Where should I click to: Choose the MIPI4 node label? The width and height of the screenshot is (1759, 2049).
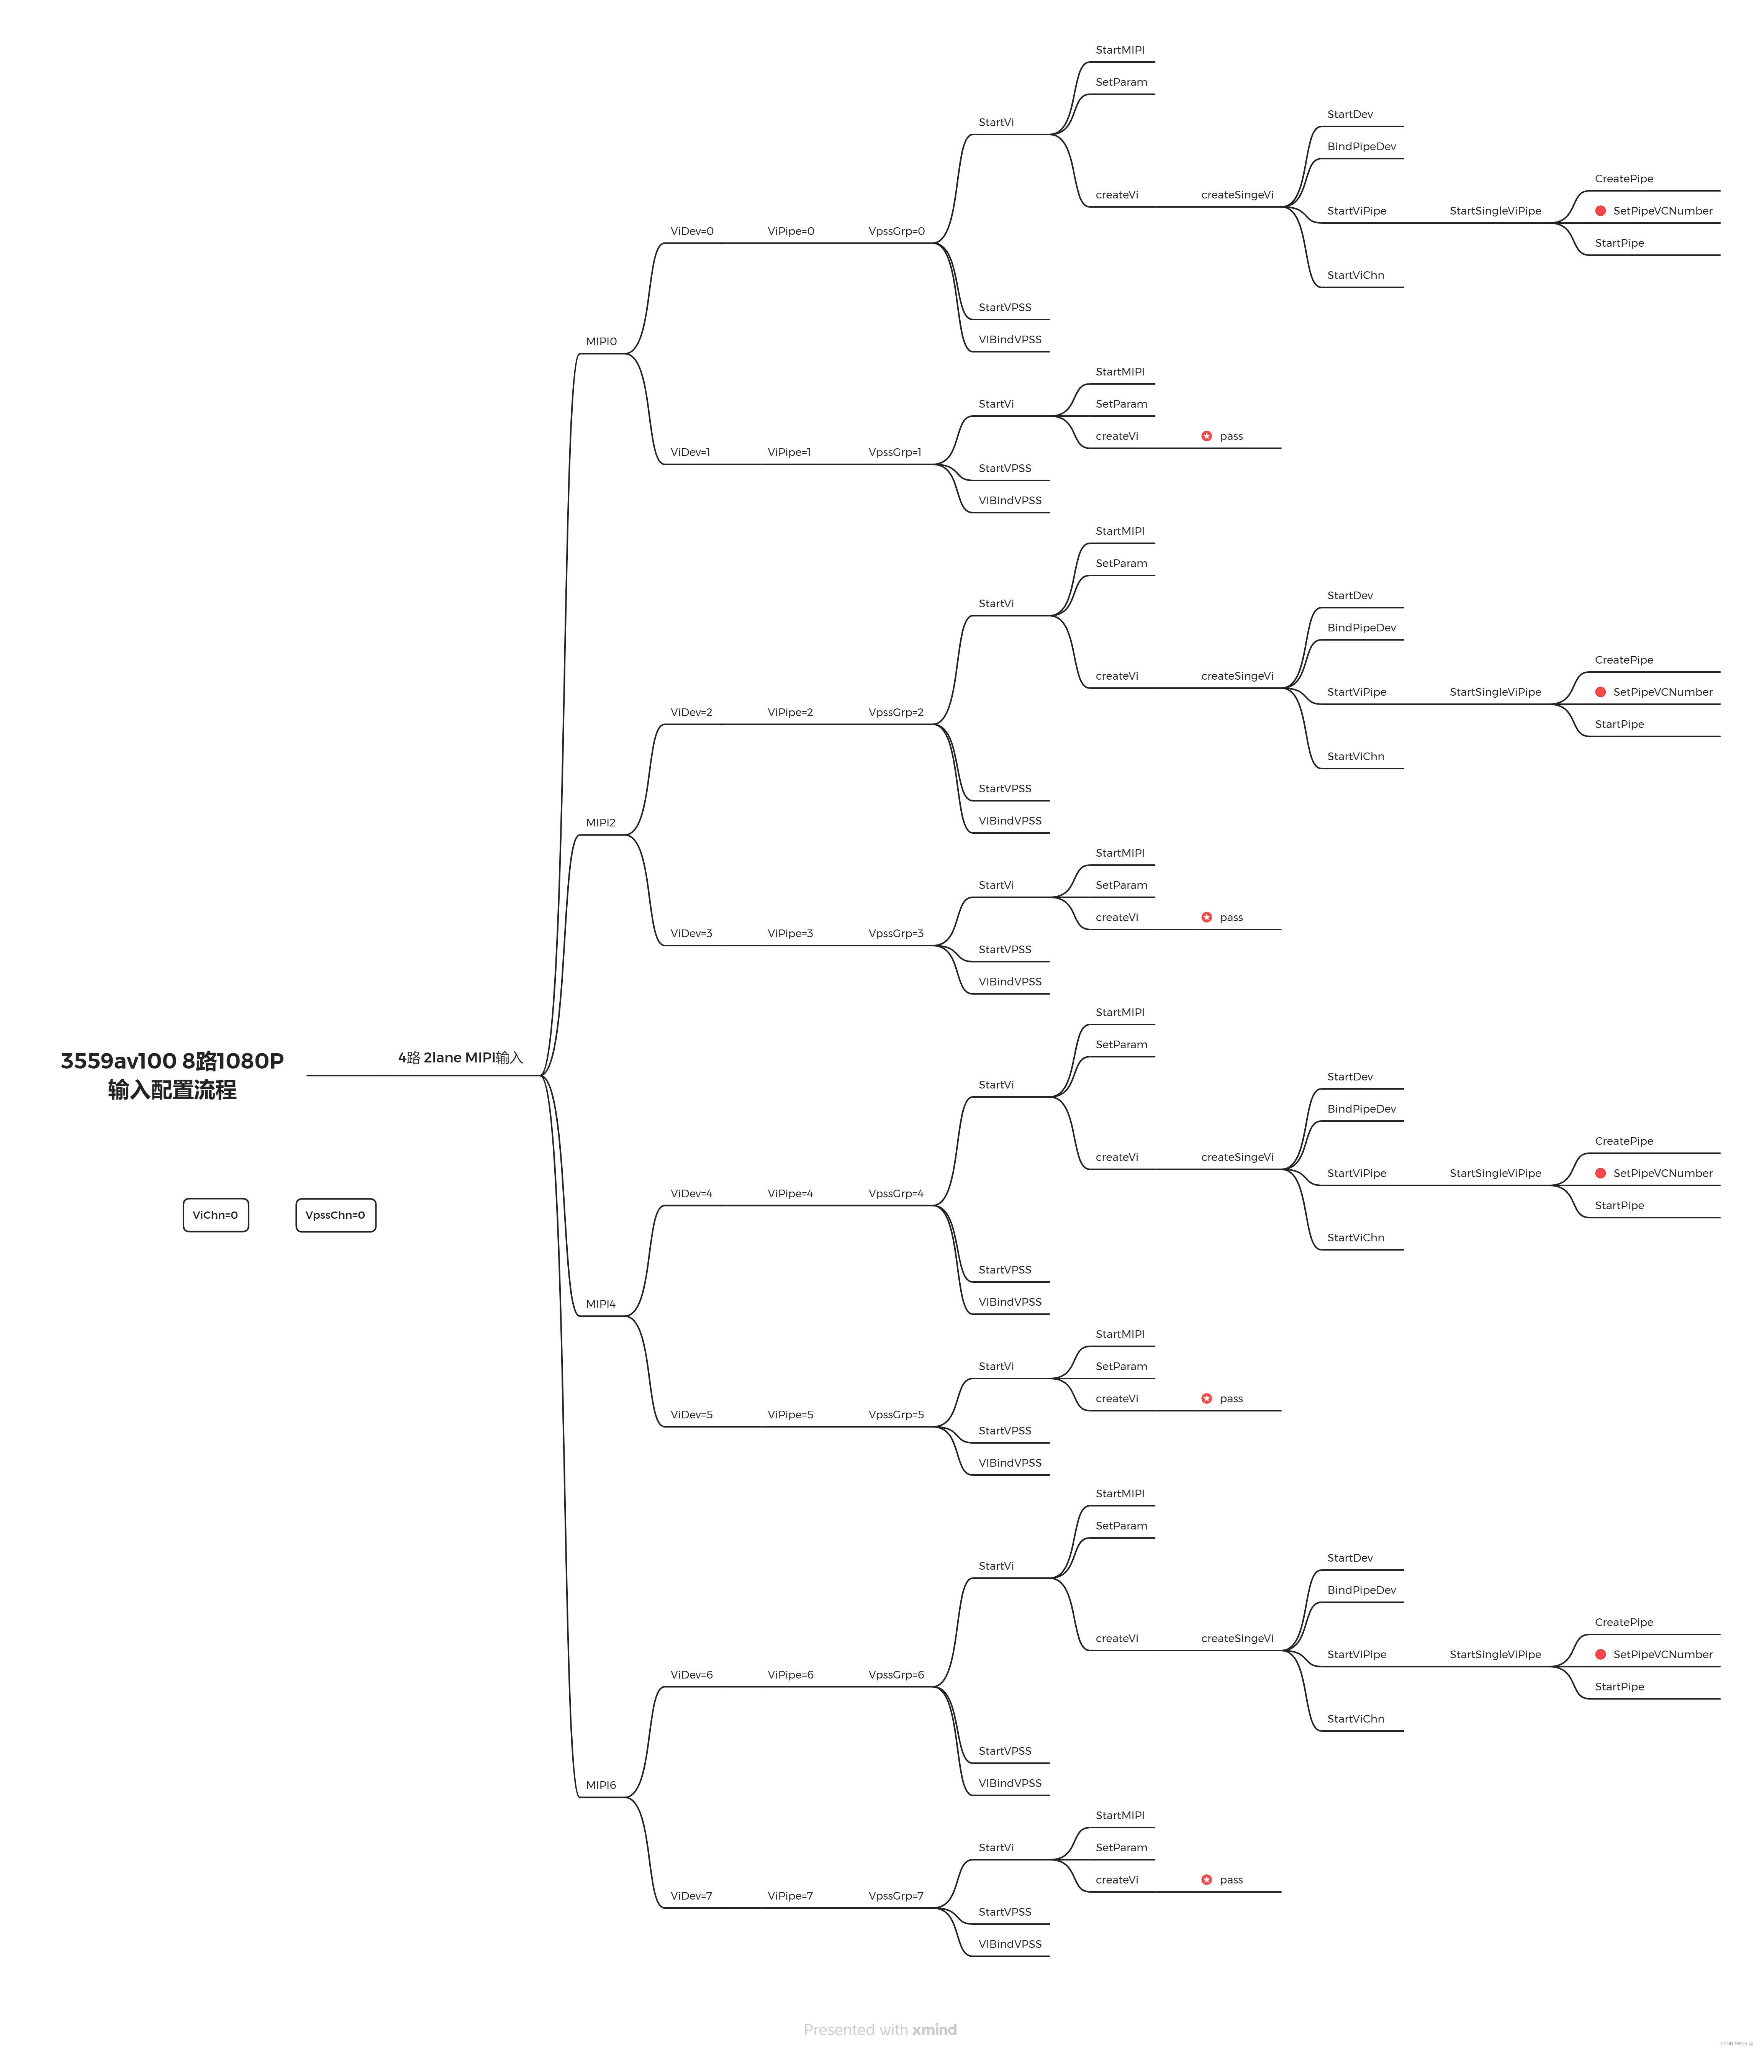600,1303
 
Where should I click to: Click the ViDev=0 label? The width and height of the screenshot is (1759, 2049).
691,231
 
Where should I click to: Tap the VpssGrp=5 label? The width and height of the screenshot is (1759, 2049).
896,1414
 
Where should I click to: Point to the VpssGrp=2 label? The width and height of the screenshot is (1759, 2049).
896,712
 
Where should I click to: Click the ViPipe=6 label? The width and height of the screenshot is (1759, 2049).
790,1674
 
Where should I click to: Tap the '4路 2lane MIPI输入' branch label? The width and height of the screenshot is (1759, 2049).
460,1057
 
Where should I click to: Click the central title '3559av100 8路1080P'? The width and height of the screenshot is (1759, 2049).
172,1061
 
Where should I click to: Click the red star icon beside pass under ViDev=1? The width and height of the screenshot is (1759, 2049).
1206,436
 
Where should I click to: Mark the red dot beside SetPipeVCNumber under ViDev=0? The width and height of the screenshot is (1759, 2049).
1600,211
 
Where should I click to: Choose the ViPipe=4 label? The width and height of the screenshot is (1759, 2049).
790,1193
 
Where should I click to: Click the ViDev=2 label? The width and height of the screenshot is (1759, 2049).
691,712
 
